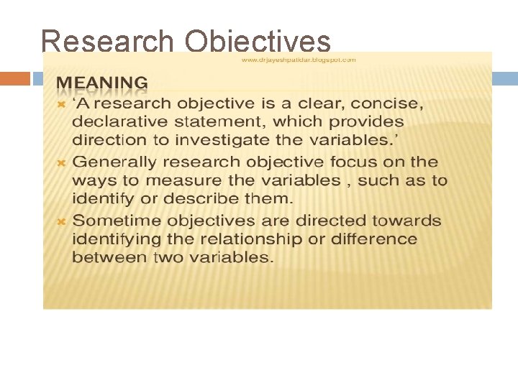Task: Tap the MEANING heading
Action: coord(103,83)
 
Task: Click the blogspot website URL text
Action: coord(299,60)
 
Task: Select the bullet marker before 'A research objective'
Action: coord(62,105)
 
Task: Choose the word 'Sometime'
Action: coord(120,220)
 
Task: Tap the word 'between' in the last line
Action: coord(107,257)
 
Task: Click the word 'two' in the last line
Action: coord(166,257)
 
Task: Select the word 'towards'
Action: coord(399,220)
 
